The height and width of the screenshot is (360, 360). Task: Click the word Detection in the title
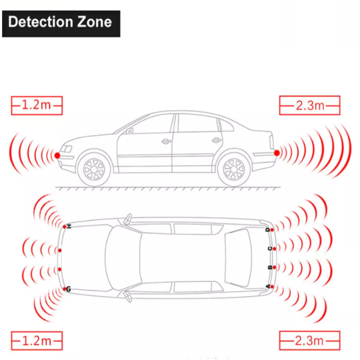click(41, 22)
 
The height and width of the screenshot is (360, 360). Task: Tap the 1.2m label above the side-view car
click(36, 105)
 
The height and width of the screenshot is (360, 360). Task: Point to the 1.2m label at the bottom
click(36, 341)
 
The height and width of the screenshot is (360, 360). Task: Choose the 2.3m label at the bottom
click(309, 341)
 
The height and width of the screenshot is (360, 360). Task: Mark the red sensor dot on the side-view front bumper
click(57, 155)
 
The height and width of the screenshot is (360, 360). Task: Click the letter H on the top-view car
click(70, 226)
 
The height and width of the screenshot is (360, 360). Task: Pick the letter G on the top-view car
click(68, 289)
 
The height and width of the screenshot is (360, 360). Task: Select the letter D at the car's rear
click(268, 229)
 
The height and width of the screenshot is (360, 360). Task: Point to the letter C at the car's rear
click(269, 248)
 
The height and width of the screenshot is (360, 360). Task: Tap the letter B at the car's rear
click(269, 267)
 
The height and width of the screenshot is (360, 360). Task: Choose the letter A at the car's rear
click(268, 286)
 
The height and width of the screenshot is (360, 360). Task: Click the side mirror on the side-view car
click(131, 131)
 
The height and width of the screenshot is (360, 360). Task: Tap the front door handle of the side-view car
click(166, 141)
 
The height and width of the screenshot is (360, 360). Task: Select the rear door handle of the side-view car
click(216, 140)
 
